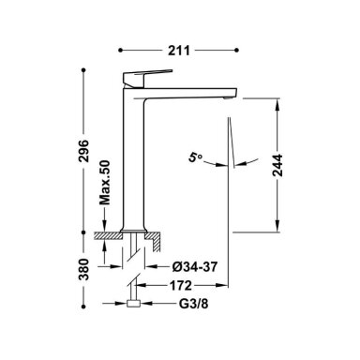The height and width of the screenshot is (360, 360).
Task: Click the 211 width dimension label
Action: [x=179, y=51]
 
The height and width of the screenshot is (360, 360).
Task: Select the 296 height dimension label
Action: [x=83, y=151]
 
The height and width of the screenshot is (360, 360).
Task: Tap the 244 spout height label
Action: [x=277, y=165]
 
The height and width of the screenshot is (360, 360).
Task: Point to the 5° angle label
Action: [x=195, y=157]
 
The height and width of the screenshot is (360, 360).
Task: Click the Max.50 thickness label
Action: [x=105, y=182]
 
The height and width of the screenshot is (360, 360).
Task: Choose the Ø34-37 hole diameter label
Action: [x=195, y=266]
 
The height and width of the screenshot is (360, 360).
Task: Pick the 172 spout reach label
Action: [x=180, y=285]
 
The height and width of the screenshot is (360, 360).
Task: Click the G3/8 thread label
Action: [x=193, y=304]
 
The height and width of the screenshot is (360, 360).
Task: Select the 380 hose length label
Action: [x=83, y=269]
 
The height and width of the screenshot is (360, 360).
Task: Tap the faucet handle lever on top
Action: [x=147, y=77]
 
